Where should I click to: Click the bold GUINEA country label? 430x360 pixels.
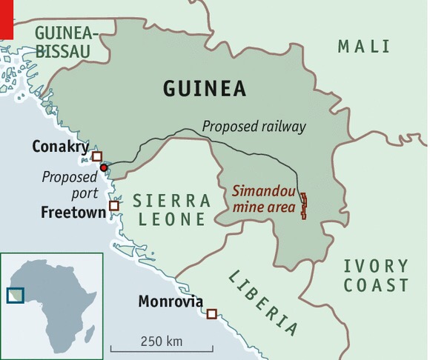(x=205, y=90)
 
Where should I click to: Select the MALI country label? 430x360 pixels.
(x=363, y=47)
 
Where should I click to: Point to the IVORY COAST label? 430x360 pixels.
(x=376, y=276)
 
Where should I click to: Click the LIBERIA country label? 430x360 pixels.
(x=262, y=302)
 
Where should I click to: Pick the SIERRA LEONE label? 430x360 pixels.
(x=171, y=210)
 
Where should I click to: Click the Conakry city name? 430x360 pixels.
(x=59, y=147)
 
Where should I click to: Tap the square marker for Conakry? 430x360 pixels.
(x=96, y=156)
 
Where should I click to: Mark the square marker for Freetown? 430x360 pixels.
(x=113, y=206)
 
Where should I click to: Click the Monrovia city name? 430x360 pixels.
(x=171, y=301)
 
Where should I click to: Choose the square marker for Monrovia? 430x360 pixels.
(x=211, y=314)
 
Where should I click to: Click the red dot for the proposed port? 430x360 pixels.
(x=104, y=168)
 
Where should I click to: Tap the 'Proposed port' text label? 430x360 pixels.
(x=69, y=185)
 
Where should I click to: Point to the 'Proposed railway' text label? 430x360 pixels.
(x=254, y=127)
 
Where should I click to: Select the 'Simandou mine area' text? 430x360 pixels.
(x=263, y=199)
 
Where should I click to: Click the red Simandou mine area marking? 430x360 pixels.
(x=303, y=204)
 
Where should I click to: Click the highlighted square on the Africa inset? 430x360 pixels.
(x=16, y=295)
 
